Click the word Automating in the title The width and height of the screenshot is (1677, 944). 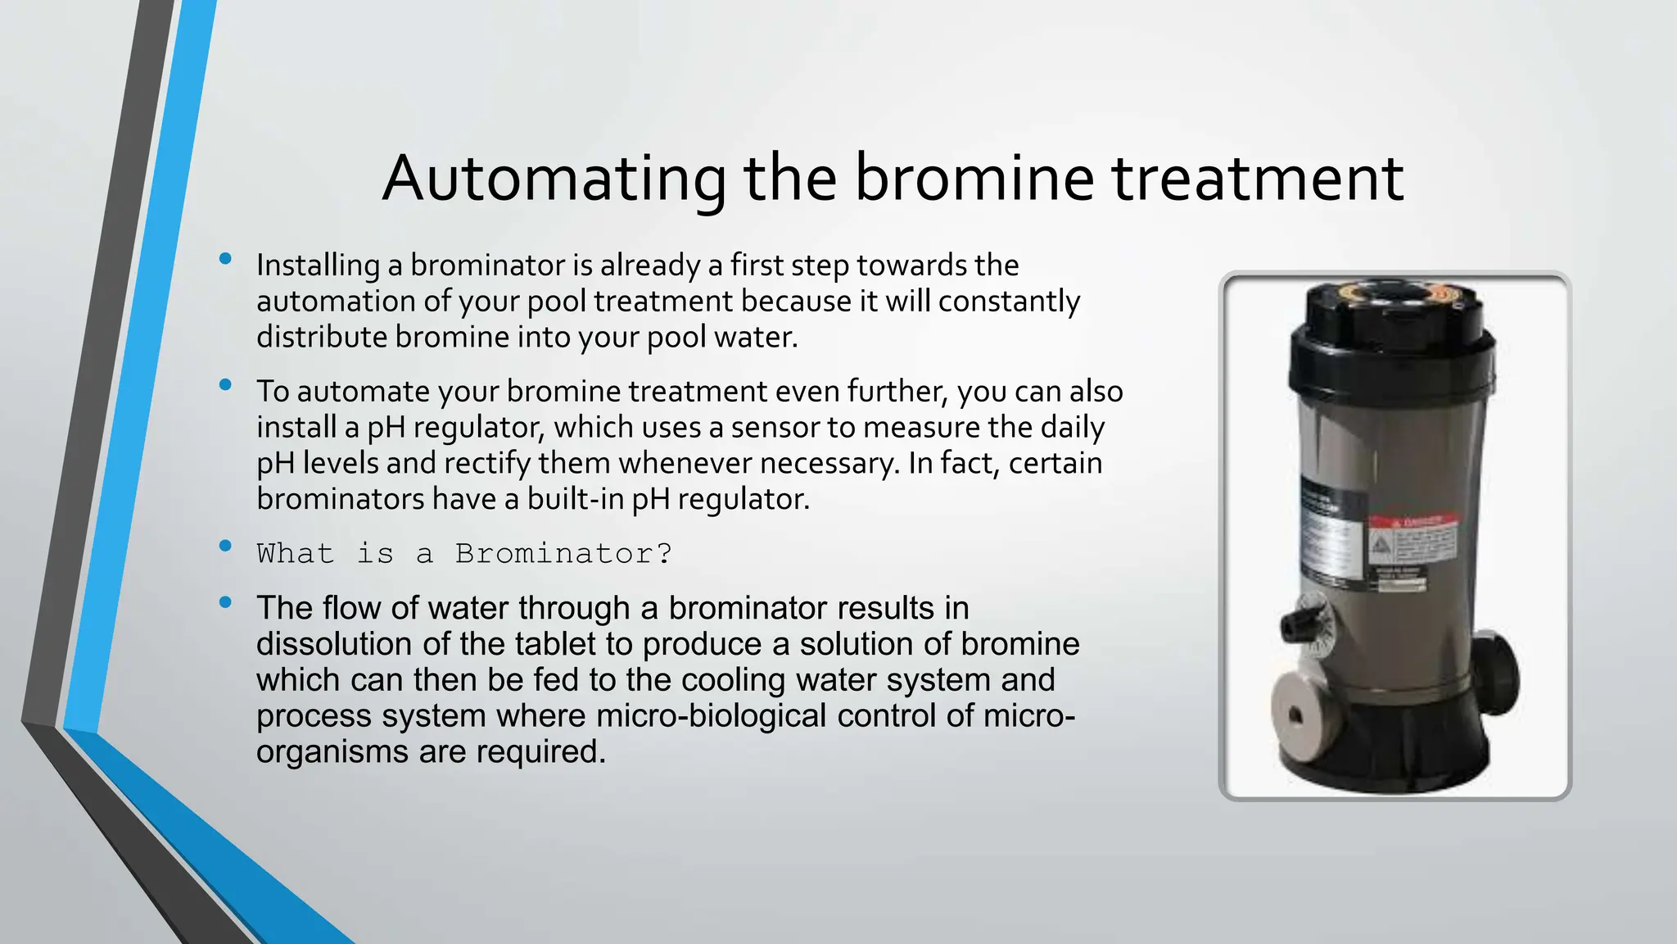point(554,179)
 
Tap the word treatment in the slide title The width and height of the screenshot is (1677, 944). point(1258,179)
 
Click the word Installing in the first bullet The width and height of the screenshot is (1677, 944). point(318,265)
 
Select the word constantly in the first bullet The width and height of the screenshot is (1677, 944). point(1009,302)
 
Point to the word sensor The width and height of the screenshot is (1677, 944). point(789,428)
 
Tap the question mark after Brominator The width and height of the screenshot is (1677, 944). point(664,554)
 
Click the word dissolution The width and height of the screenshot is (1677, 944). point(335,645)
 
